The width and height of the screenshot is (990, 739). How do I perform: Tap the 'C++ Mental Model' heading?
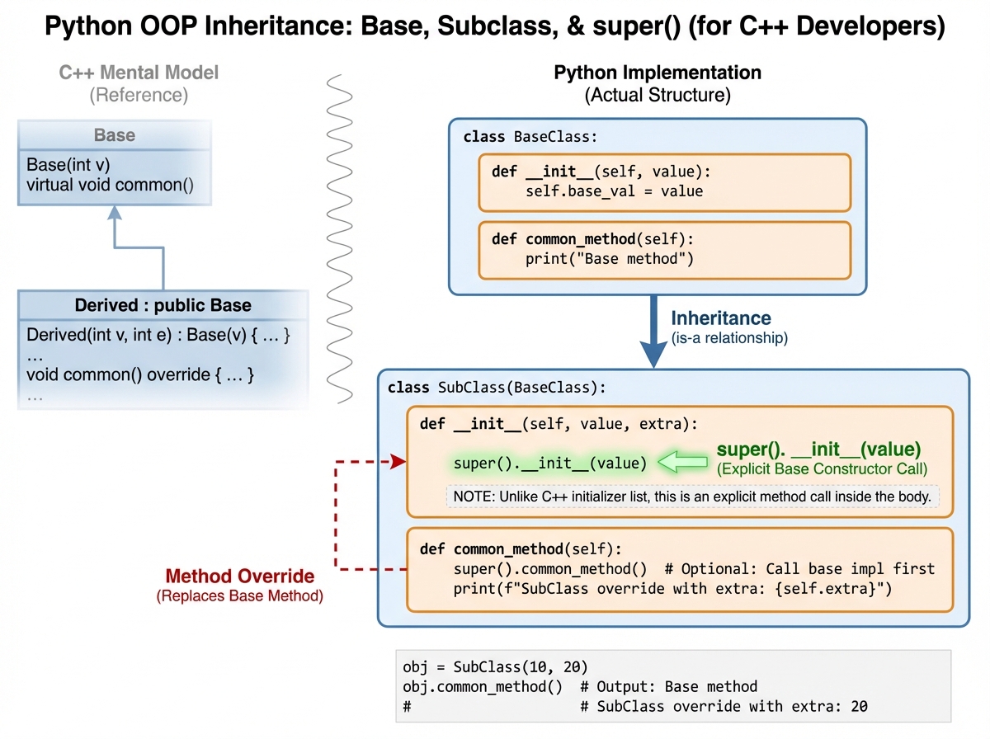tap(139, 73)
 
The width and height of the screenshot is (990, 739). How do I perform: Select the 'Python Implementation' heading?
tap(657, 73)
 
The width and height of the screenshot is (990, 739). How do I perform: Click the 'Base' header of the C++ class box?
tap(115, 135)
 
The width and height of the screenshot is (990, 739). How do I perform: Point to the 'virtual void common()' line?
tap(110, 185)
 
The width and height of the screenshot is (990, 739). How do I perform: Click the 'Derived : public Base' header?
tap(163, 305)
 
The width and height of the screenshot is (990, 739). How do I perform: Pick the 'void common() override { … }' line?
tap(140, 374)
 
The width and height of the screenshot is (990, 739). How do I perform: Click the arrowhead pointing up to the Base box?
tap(115, 214)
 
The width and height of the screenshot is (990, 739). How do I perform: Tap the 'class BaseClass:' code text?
tap(530, 137)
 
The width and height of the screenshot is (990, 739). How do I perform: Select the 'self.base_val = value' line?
tap(614, 191)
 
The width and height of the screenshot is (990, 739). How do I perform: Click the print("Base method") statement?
tap(609, 260)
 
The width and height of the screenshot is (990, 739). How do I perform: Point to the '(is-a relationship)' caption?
tap(729, 337)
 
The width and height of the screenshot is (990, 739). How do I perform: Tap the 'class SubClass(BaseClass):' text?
tap(497, 387)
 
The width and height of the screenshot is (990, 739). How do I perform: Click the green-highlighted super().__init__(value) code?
tap(550, 464)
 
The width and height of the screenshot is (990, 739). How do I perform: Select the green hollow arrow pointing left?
tap(683, 464)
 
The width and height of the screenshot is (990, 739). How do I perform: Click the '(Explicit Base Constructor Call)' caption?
tap(822, 469)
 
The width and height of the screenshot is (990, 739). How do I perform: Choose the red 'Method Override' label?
tap(239, 577)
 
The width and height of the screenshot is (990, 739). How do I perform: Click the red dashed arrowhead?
tap(399, 463)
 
